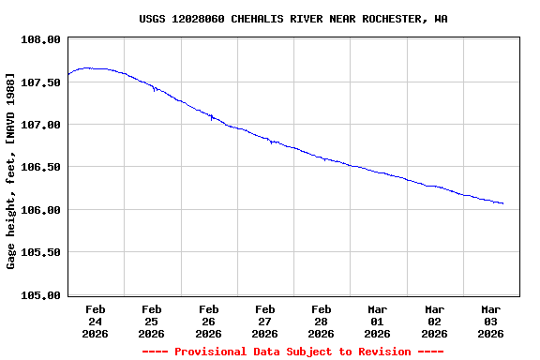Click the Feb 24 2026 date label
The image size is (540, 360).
(x=96, y=321)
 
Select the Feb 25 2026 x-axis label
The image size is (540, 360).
(x=152, y=321)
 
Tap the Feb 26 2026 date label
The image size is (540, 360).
(x=208, y=321)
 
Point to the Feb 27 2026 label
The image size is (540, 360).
(x=264, y=321)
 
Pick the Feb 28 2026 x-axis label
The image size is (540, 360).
(x=321, y=321)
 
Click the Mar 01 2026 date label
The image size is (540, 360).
(x=377, y=321)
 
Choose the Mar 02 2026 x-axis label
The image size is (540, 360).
(x=434, y=321)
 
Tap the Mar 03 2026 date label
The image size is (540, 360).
(x=490, y=321)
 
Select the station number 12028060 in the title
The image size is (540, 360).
(x=198, y=19)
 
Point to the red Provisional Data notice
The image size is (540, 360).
(x=292, y=352)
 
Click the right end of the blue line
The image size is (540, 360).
(x=503, y=203)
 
